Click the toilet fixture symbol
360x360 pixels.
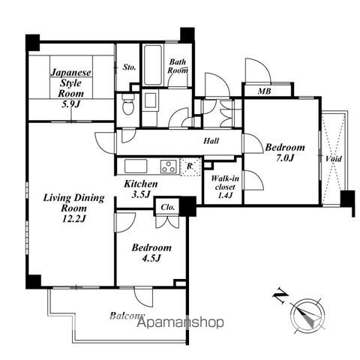tap(128, 105)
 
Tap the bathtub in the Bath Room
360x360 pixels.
tap(153, 65)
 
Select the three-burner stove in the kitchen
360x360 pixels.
tap(169, 166)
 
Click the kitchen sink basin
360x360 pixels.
tap(136, 166)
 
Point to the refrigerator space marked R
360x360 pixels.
tap(190, 166)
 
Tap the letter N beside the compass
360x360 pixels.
tap(280, 295)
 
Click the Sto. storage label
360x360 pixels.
tap(130, 67)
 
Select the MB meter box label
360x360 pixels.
tap(265, 91)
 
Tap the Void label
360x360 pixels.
tap(333, 159)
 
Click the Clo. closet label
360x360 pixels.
tap(167, 207)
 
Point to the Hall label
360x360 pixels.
tap(211, 141)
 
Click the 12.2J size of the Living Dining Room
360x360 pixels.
tap(74, 219)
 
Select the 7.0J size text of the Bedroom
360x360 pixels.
tap(285, 158)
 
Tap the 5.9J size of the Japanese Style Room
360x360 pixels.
tap(70, 104)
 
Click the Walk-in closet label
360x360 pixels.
tap(225, 183)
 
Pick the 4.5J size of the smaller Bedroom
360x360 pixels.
tap(151, 258)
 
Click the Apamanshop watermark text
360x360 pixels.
tap(181, 322)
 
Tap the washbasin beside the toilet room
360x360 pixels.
tap(150, 100)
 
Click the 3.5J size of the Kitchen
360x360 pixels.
tap(141, 194)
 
